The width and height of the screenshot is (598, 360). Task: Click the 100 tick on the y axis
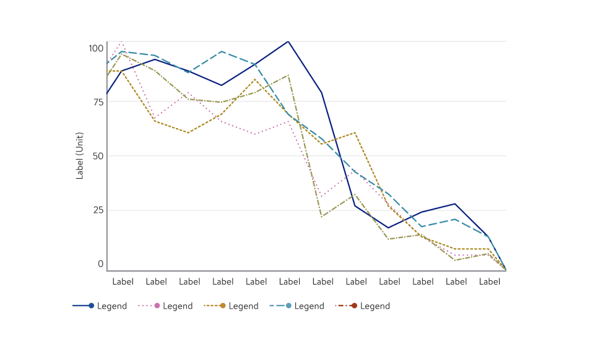tap(96, 48)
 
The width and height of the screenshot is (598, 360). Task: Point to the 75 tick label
tap(98, 102)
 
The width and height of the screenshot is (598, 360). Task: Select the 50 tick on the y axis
tap(98, 156)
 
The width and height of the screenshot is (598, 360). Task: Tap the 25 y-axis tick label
tap(98, 210)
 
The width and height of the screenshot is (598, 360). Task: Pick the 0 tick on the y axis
tap(100, 264)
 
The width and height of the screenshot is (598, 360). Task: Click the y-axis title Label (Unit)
tap(80, 156)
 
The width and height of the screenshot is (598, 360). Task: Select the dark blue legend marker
tap(92, 306)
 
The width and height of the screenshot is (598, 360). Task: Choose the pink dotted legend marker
tap(157, 306)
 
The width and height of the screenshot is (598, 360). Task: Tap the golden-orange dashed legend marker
tap(223, 306)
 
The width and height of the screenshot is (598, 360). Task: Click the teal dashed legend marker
tap(288, 306)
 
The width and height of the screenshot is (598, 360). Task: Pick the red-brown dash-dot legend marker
tap(354, 306)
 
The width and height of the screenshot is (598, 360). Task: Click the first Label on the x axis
tap(123, 281)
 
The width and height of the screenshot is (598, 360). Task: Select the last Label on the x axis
tap(490, 281)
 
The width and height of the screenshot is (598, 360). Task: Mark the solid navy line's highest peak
tap(288, 41)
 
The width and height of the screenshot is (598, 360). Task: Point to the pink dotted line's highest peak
tap(122, 42)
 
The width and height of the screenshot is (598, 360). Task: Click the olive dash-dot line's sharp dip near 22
tap(322, 216)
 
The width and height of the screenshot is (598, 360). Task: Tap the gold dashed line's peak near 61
tap(355, 132)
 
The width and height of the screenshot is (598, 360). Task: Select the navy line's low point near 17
tap(389, 228)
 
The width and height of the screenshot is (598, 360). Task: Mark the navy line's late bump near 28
tap(456, 204)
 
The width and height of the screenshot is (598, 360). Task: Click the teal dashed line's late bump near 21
tap(456, 219)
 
